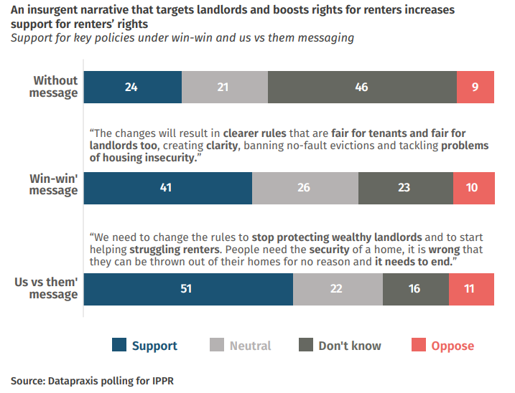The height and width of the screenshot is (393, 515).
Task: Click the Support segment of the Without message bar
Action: pos(132,87)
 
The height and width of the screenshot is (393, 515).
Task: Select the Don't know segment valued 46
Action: pos(362,87)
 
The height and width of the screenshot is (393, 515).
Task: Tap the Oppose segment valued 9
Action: pos(475,87)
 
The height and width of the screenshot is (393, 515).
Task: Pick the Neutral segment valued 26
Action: pos(305,189)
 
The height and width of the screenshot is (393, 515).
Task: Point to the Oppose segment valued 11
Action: pos(471,289)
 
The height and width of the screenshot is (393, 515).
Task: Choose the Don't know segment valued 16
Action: pos(416,289)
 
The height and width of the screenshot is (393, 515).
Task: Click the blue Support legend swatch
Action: pos(119,346)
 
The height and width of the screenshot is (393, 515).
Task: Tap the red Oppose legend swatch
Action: pos(418,346)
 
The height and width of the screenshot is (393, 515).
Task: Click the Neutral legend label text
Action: pos(250,346)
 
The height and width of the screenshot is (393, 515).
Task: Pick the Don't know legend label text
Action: pos(350,346)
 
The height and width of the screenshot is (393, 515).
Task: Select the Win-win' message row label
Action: pos(53,184)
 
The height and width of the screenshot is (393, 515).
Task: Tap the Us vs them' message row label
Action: pos(46,288)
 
